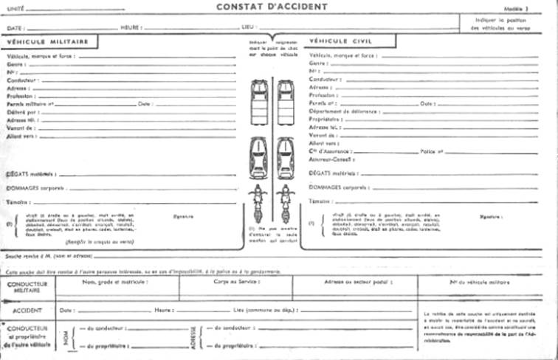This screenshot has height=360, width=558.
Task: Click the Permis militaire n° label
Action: point(31,104)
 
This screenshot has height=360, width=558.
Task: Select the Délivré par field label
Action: point(22,112)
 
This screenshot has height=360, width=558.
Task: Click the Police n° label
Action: point(431,151)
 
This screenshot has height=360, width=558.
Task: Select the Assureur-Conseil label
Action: point(330,159)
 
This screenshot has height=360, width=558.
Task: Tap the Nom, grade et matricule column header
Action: point(114,282)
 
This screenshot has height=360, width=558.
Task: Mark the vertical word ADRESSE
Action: point(193,337)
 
